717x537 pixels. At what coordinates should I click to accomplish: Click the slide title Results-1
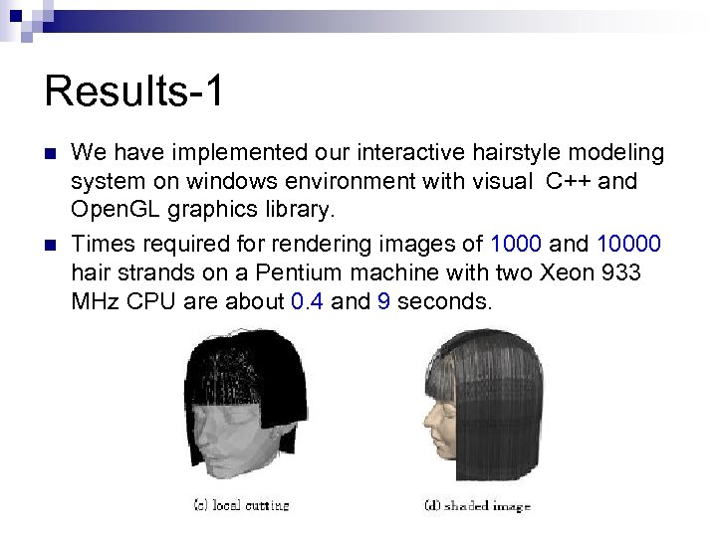[x=134, y=91]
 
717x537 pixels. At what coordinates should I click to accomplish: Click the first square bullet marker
[x=50, y=155]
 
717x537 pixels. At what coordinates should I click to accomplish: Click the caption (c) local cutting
[x=240, y=506]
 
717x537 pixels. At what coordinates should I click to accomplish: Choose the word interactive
[x=384, y=153]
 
